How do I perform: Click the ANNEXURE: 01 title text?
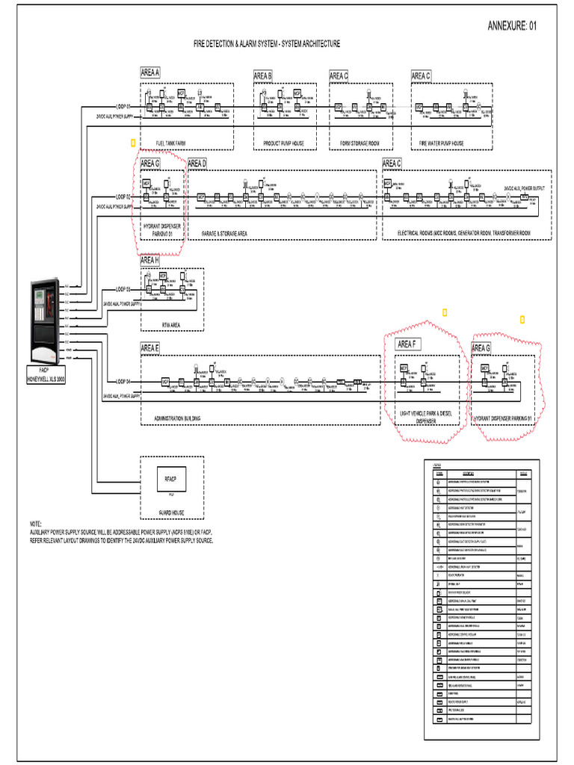(511, 25)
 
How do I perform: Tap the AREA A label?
(149, 72)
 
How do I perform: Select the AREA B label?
(262, 75)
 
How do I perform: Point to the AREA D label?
(197, 163)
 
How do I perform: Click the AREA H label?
(149, 260)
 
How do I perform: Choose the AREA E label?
(149, 347)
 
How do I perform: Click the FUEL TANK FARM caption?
(170, 143)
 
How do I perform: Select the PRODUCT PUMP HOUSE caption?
(284, 143)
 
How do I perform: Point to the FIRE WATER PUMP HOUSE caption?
(441, 143)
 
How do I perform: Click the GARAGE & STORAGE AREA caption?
(224, 233)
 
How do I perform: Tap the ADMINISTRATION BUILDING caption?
(177, 418)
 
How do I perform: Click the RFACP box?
(170, 478)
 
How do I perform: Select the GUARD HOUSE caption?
(170, 512)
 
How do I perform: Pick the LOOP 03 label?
(123, 288)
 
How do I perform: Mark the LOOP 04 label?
(123, 381)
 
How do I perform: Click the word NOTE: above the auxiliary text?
(36, 524)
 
